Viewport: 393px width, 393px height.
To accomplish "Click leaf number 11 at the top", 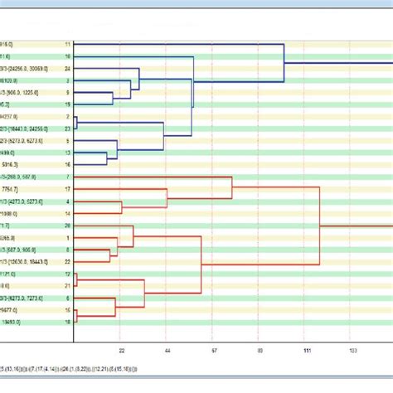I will click(67, 42).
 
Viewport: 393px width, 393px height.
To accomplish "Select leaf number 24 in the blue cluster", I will click(67, 68).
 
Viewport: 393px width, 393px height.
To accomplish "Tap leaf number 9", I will click(67, 93).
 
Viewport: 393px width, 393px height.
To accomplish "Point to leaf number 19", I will click(67, 104).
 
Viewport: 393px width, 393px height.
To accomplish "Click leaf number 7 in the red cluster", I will click(67, 177).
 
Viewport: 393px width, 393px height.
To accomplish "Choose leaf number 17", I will click(67, 189).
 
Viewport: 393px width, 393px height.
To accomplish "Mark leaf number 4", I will click(67, 201).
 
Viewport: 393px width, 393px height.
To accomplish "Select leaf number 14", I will click(67, 213).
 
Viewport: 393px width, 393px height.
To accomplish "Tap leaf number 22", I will click(67, 261).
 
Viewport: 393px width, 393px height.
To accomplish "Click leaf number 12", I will click(67, 274).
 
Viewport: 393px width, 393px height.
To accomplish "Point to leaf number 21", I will click(67, 285).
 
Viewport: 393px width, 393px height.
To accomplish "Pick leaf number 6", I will click(67, 298).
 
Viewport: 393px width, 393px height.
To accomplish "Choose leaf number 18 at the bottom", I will click(67, 322).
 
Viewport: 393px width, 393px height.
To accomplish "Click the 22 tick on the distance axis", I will click(121, 351).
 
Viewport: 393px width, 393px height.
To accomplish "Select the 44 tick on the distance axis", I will click(167, 351).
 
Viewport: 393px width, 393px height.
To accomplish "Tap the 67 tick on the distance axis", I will click(213, 351).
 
